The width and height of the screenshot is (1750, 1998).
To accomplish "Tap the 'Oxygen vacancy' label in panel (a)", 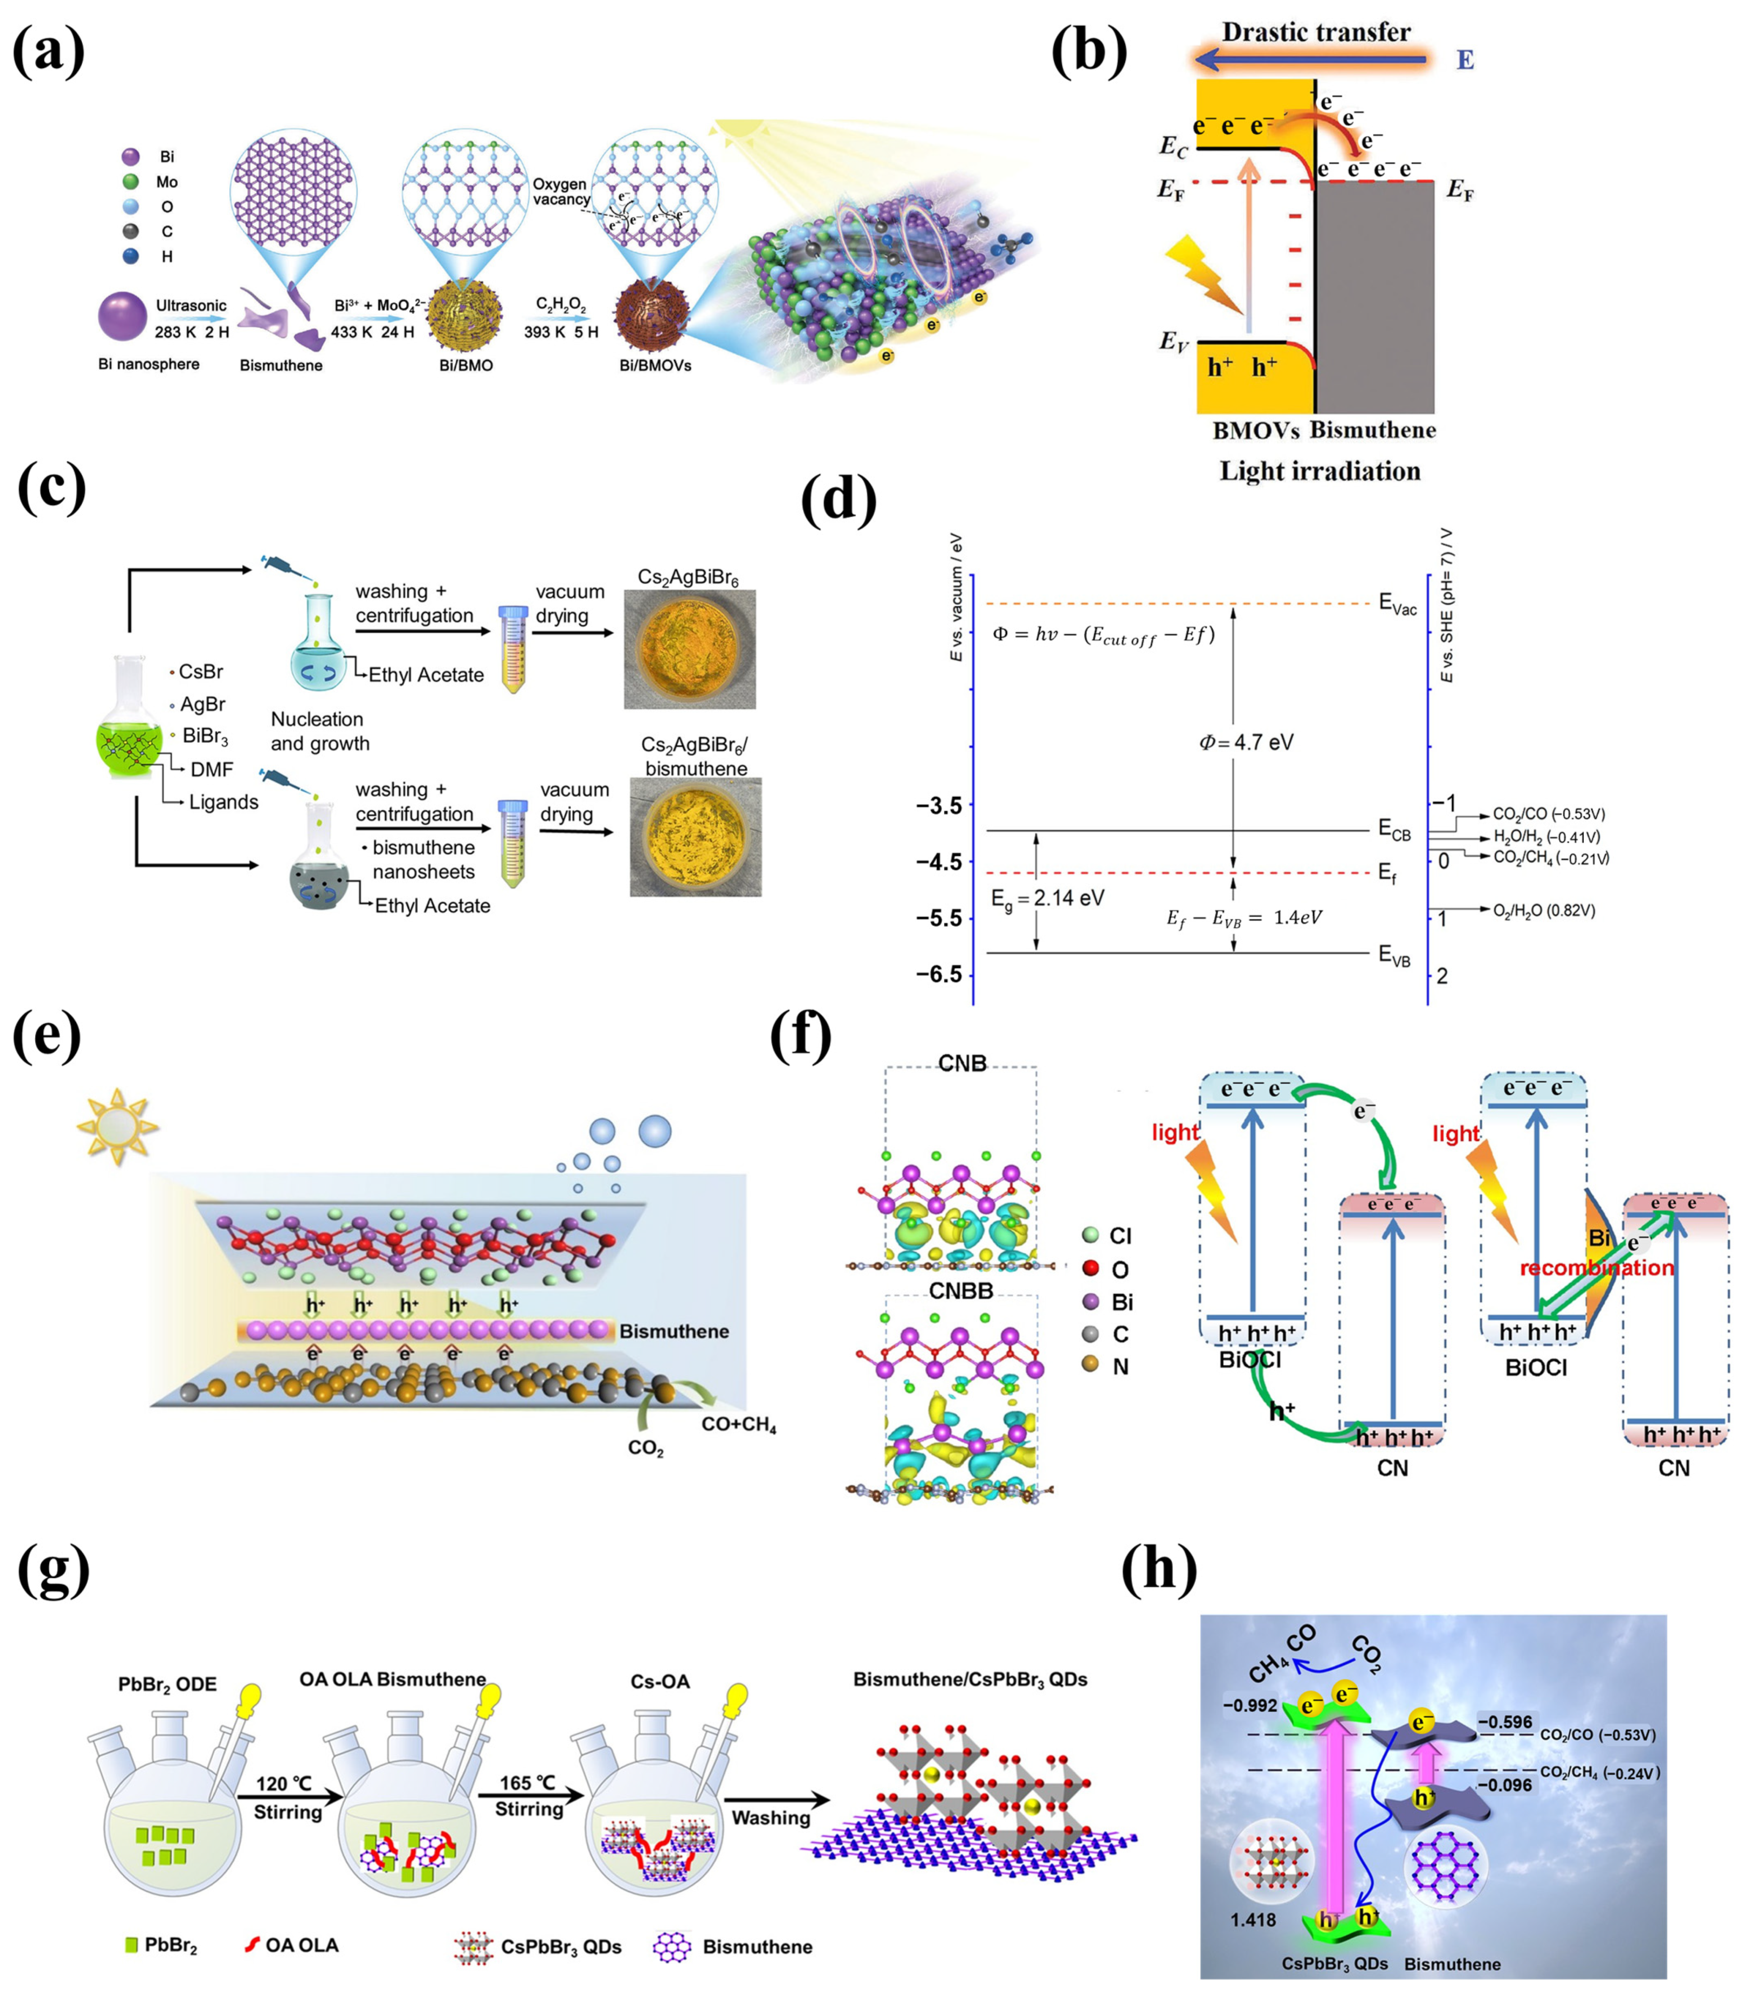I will coord(561,191).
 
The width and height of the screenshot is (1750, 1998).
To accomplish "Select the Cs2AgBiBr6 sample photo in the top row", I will coord(690,649).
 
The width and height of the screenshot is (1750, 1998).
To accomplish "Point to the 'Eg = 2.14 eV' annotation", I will coord(1047,898).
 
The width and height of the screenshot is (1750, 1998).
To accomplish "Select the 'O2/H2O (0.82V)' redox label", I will coord(1544,911).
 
